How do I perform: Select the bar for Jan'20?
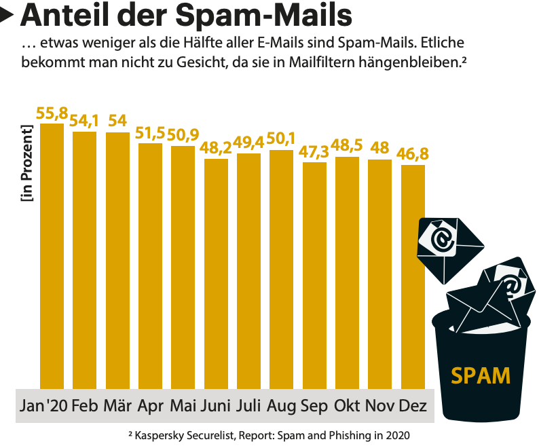pos(52,258)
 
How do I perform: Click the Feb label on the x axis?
pos(85,406)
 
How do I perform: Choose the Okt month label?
pos(347,406)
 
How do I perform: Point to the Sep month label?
pos(314,406)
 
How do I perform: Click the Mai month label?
pos(183,406)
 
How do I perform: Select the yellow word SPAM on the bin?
pos(481,374)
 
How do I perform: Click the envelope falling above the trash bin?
pos(448,244)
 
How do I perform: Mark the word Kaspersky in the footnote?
pos(162,434)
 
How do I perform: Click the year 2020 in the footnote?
pos(398,434)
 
